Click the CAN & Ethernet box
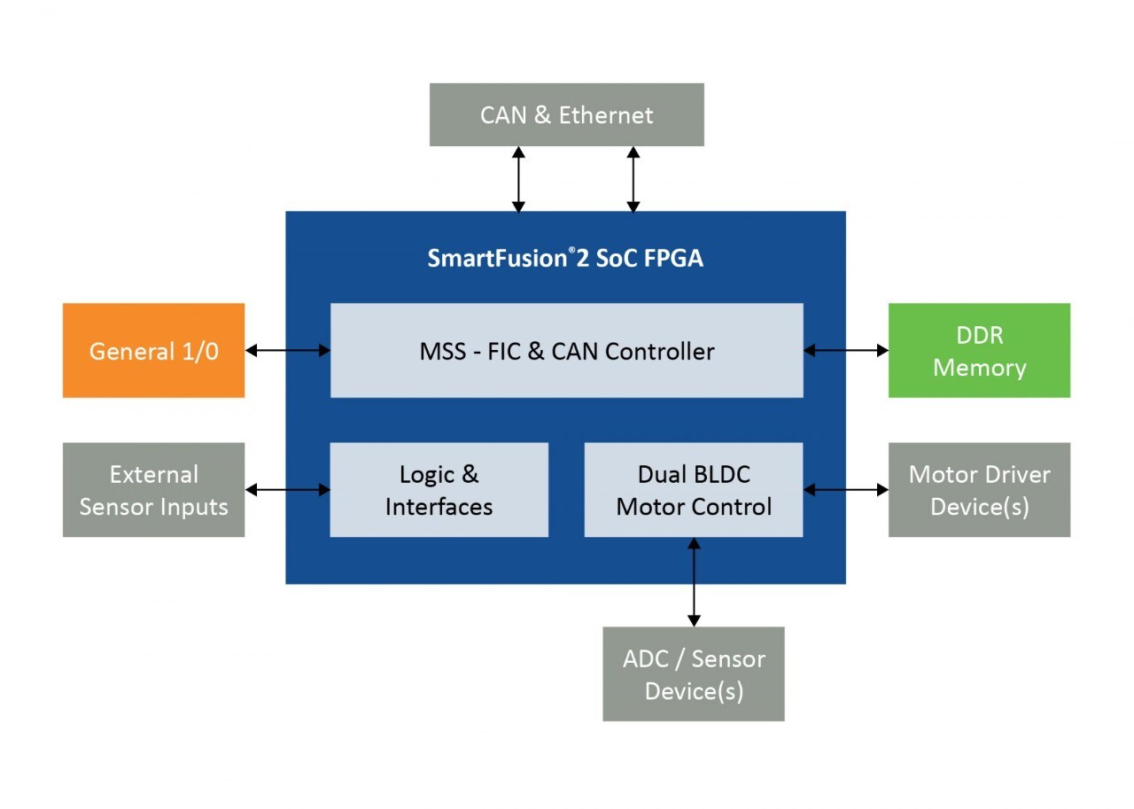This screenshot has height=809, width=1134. pyautogui.click(x=566, y=114)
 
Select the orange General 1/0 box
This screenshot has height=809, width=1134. pyautogui.click(x=153, y=351)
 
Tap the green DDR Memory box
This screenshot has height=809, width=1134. pyautogui.click(x=979, y=351)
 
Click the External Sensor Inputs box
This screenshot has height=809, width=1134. pyautogui.click(x=153, y=490)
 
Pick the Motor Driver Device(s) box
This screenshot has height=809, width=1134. pyautogui.click(x=979, y=490)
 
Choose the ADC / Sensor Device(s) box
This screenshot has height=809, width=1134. pyautogui.click(x=694, y=674)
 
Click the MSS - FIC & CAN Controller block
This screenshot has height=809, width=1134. pyautogui.click(x=566, y=351)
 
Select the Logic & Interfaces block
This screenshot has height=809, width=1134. pyautogui.click(x=439, y=490)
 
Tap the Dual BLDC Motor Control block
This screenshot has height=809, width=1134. pyautogui.click(x=694, y=490)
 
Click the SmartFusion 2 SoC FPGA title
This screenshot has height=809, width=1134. pyautogui.click(x=565, y=258)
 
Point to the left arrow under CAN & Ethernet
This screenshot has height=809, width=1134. pyautogui.click(x=519, y=179)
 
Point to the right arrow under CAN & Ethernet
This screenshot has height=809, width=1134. pyautogui.click(x=633, y=179)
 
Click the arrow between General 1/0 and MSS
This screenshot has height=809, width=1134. pyautogui.click(x=287, y=351)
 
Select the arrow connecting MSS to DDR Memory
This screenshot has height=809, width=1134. pyautogui.click(x=846, y=351)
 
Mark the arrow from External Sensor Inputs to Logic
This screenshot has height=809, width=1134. pyautogui.click(x=287, y=489)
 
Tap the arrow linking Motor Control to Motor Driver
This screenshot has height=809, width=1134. pyautogui.click(x=846, y=489)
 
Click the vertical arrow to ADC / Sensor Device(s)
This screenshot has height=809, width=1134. pyautogui.click(x=694, y=582)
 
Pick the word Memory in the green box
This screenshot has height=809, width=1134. pyautogui.click(x=979, y=368)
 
